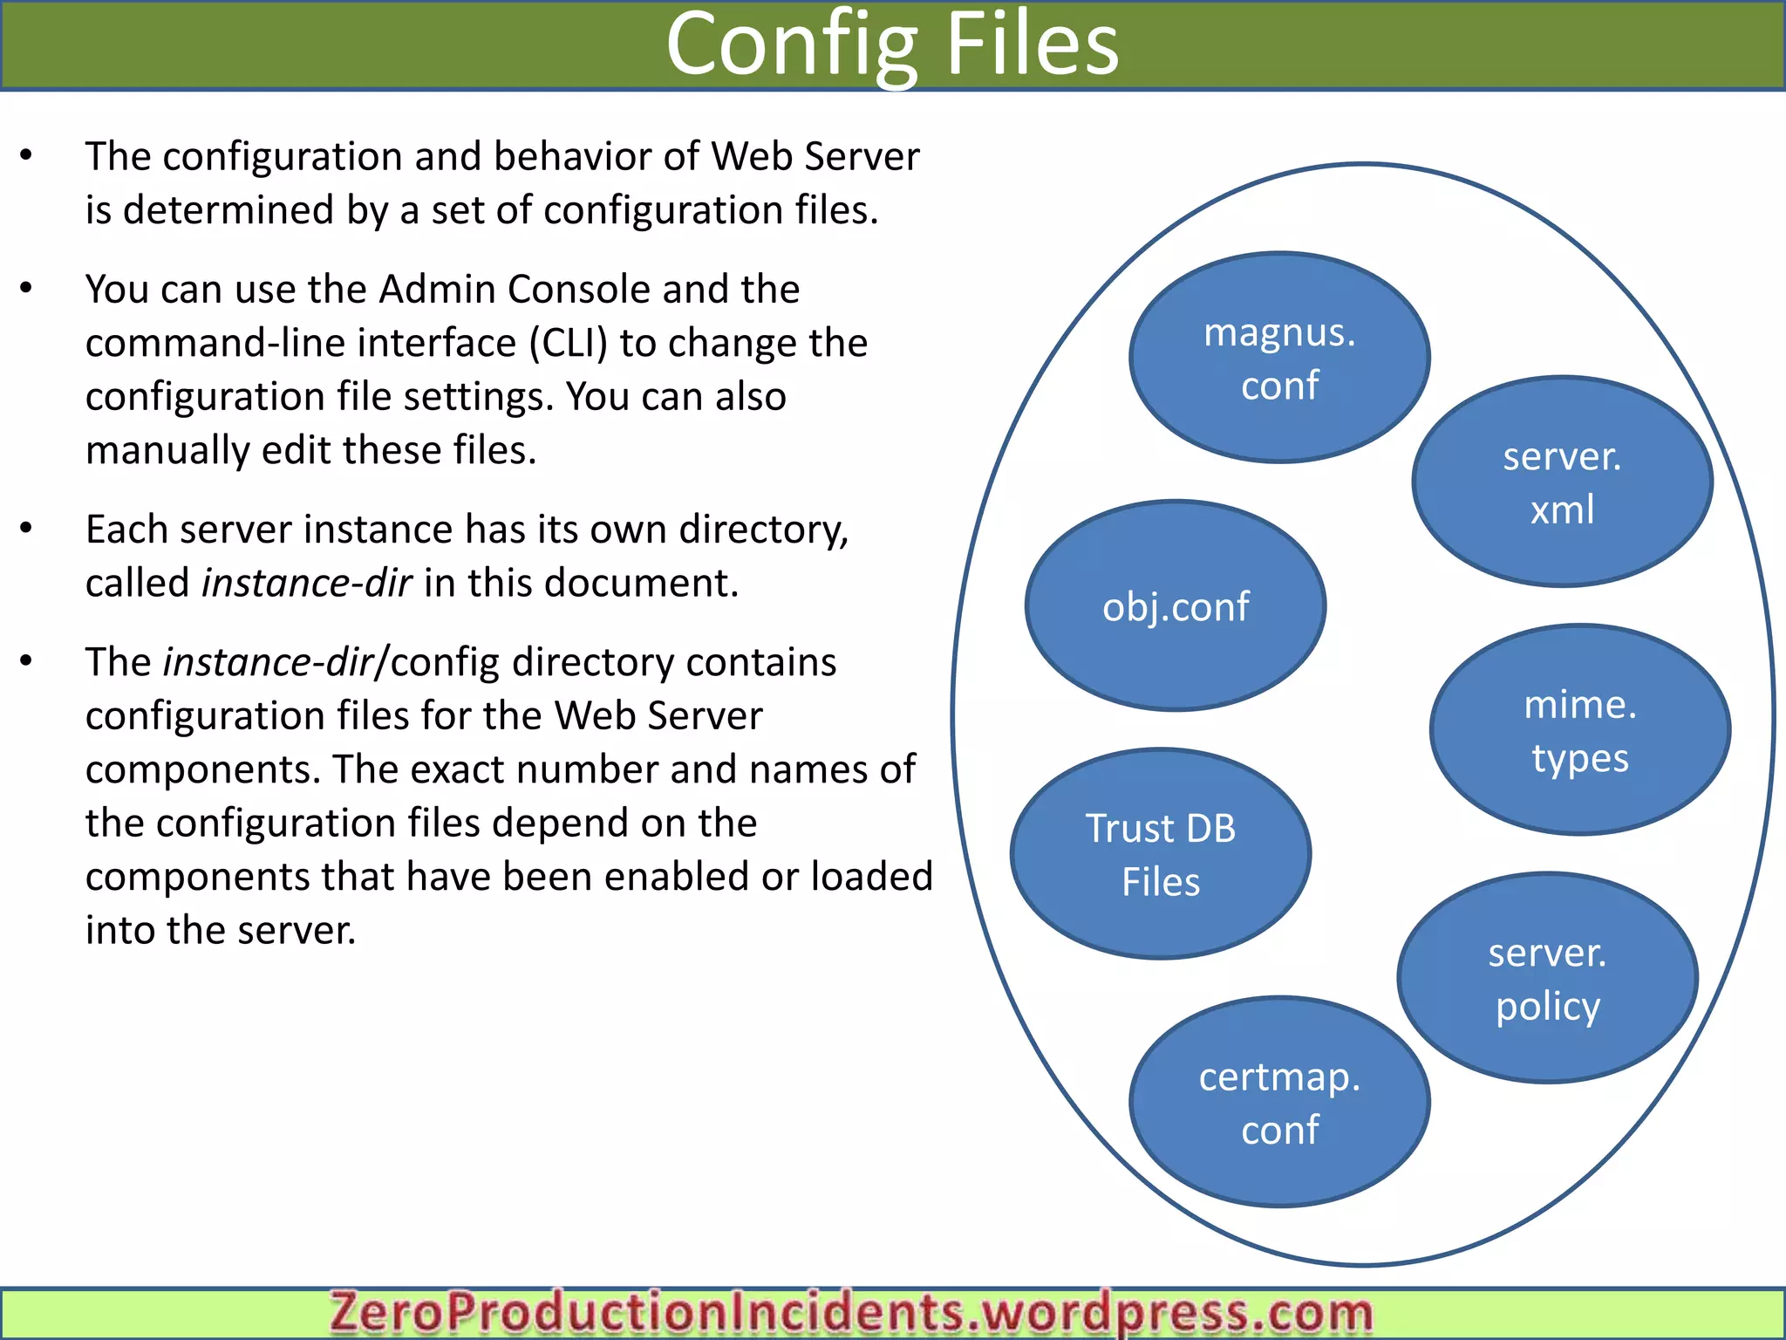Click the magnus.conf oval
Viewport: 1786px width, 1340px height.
click(1279, 358)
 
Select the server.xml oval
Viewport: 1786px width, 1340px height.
click(1562, 482)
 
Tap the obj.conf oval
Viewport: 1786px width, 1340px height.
click(1176, 606)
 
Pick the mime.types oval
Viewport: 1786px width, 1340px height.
click(1579, 730)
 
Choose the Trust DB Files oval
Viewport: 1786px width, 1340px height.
click(1161, 854)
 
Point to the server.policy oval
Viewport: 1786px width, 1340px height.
click(1547, 978)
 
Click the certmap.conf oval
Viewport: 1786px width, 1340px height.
click(1279, 1102)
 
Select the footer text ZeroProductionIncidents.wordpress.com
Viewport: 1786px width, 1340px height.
click(851, 1313)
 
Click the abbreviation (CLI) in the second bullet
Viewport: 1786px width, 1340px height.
click(568, 343)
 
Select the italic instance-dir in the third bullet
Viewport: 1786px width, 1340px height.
click(307, 583)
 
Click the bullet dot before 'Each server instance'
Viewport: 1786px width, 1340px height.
click(26, 528)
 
